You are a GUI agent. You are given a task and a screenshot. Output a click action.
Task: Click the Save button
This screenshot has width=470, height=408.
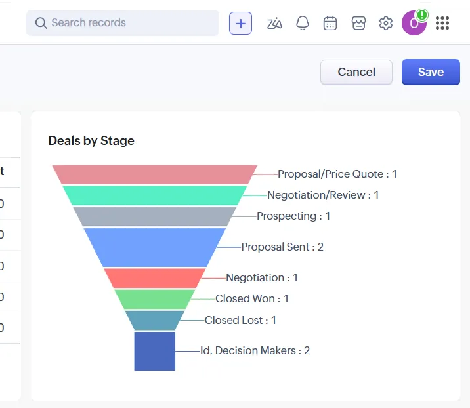(x=431, y=72)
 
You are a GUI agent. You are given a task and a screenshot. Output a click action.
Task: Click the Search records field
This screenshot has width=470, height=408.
(x=122, y=23)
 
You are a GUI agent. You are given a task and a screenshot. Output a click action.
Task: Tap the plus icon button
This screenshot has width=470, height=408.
(x=240, y=23)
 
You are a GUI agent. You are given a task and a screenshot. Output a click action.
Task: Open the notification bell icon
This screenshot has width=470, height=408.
(x=302, y=23)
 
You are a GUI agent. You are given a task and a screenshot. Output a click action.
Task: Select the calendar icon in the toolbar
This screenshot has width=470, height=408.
(x=330, y=23)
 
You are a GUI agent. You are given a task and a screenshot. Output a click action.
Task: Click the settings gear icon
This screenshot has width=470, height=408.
(x=385, y=23)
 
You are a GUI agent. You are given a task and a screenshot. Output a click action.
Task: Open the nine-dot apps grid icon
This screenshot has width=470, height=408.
(x=442, y=23)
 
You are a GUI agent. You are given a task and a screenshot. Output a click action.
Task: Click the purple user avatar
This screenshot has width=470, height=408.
(x=414, y=24)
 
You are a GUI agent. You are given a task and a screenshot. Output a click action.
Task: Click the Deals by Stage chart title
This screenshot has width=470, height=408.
(x=91, y=140)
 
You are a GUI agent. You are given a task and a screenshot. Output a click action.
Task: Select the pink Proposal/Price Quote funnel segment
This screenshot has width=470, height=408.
(x=154, y=174)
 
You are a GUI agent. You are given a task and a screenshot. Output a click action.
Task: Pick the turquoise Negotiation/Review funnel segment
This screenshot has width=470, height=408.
(x=154, y=195)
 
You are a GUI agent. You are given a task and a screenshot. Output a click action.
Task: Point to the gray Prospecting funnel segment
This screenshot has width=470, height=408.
(x=154, y=216)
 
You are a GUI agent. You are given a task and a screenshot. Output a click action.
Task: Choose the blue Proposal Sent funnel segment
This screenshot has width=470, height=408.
(x=154, y=247)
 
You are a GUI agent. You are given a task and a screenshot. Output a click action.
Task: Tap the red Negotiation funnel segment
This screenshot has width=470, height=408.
(x=154, y=278)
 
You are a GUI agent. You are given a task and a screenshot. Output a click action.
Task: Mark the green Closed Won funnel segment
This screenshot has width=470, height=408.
(x=154, y=299)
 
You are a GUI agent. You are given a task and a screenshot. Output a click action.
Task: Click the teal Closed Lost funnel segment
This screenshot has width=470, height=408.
(x=154, y=320)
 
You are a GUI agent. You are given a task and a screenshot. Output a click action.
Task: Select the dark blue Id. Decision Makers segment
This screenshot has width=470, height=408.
(x=154, y=351)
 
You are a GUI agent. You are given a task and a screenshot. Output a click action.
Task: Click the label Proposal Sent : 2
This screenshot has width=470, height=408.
(x=282, y=247)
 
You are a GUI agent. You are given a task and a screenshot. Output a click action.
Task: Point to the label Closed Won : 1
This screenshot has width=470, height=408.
(x=252, y=299)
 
